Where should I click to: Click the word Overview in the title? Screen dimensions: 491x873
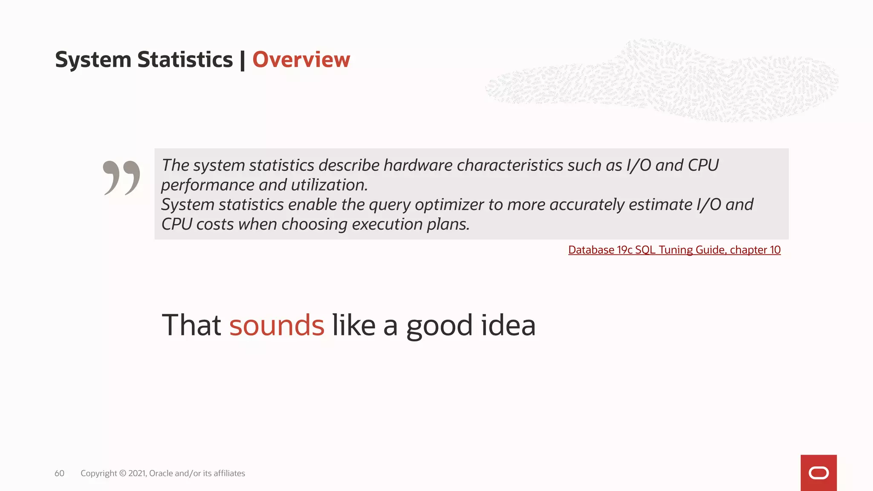[301, 60]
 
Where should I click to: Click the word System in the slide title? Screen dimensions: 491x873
[93, 60]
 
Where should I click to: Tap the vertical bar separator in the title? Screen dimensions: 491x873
[243, 60]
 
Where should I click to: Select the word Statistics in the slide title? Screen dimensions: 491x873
[185, 60]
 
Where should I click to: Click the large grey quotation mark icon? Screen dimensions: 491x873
[121, 178]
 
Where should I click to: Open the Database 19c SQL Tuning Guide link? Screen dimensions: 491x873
[674, 250]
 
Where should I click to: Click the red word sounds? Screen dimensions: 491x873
[277, 325]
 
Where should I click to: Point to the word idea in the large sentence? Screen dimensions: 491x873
[508, 325]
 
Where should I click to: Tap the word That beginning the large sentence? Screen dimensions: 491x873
[191, 325]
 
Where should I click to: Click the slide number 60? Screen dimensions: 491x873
[59, 474]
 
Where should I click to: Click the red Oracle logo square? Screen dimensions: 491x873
[818, 473]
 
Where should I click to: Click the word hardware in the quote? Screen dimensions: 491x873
[418, 165]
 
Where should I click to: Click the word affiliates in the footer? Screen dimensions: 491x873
[229, 474]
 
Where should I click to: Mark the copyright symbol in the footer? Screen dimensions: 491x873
[123, 474]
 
